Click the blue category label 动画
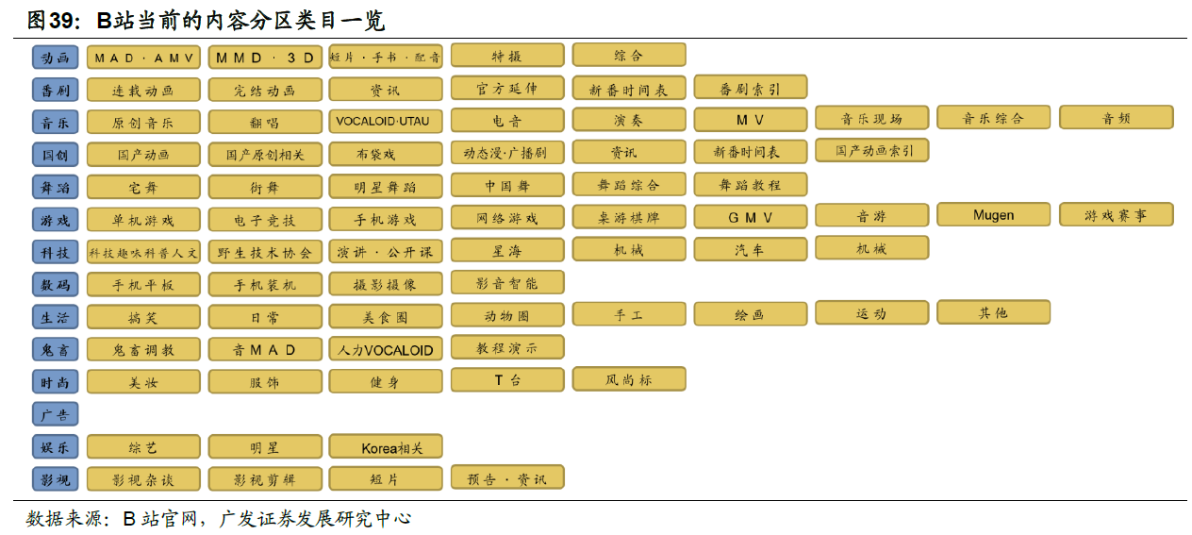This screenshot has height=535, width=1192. [x=56, y=58]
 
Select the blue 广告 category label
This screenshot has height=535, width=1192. [x=56, y=414]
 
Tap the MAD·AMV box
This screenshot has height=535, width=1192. [x=143, y=58]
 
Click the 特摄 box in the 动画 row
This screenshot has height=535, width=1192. [x=507, y=56]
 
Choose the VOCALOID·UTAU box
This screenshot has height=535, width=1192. [x=386, y=122]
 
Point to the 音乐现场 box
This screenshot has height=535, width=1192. [x=871, y=118]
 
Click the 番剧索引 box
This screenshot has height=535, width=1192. [x=751, y=89]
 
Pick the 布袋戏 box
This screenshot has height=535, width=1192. [x=386, y=154]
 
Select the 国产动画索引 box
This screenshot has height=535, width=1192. [x=871, y=150]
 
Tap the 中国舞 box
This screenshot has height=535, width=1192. [x=507, y=185]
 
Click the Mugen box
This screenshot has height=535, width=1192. [x=993, y=215]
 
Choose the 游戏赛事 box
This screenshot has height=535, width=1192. [x=1116, y=215]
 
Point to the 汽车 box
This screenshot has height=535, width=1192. [x=751, y=250]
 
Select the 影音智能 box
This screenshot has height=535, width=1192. [x=507, y=282]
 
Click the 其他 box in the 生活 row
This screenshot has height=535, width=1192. [x=993, y=312]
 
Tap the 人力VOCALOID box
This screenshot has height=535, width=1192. [x=386, y=349]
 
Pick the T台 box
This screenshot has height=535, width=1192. [x=507, y=379]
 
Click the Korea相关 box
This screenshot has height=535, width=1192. [x=386, y=447]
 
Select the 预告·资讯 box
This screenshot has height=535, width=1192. [x=507, y=477]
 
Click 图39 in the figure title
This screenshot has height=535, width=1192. [x=51, y=20]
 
